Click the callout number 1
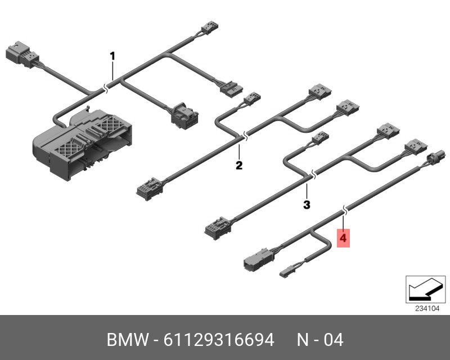pyautogui.click(x=112, y=56)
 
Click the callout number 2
pyautogui.click(x=239, y=165)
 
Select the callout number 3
pyautogui.click(x=307, y=205)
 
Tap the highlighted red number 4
pyautogui.click(x=343, y=238)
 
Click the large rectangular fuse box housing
pyautogui.click(x=82, y=143)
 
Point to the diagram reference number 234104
pyautogui.click(x=427, y=309)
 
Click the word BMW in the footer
pyautogui.click(x=128, y=340)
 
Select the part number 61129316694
pyautogui.click(x=219, y=340)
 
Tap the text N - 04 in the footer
pyautogui.click(x=320, y=340)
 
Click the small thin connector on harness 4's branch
pyautogui.click(x=287, y=272)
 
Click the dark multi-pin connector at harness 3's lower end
pyautogui.click(x=218, y=228)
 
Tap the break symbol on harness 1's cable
pyautogui.click(x=106, y=89)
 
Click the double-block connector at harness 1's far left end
pyautogui.click(x=22, y=55)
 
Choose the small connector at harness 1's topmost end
pyautogui.click(x=210, y=27)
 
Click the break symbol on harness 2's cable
pyautogui.click(x=245, y=136)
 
